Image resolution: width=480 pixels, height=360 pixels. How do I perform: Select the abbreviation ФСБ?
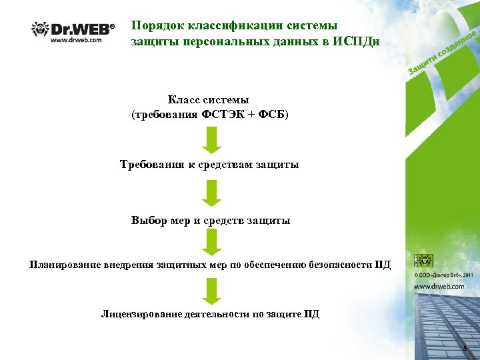(273, 114)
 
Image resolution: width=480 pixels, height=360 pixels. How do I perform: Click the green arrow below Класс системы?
(211, 139)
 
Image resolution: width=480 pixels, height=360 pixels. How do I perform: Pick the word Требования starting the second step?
(151, 164)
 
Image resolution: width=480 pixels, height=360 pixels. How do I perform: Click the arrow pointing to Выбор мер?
(211, 193)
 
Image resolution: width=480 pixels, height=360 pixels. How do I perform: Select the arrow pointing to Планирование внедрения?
(211, 241)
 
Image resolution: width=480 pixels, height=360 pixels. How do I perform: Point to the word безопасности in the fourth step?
(340, 265)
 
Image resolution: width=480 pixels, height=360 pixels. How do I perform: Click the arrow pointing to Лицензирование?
(211, 291)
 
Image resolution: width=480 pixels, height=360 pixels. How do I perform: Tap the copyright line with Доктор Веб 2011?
(445, 274)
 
